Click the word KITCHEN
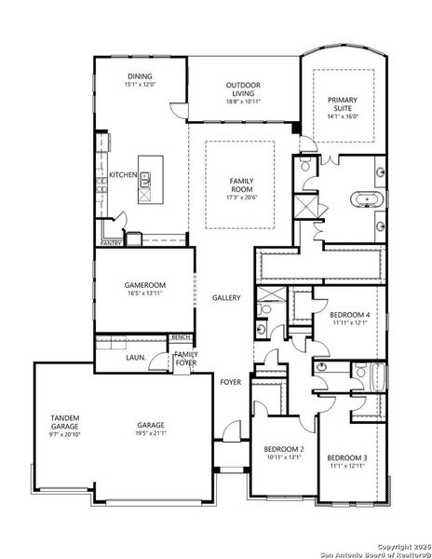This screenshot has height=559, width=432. coord(123,175)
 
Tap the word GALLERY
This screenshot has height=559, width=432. coord(226,298)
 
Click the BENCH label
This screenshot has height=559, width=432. coord(181,337)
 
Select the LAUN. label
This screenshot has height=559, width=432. coord(135,356)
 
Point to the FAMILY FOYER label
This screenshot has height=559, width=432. coord(185,359)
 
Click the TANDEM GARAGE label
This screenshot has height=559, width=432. coord(65,421)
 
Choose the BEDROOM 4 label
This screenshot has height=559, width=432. coord(351,316)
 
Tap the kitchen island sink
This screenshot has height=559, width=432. coord(146,183)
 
